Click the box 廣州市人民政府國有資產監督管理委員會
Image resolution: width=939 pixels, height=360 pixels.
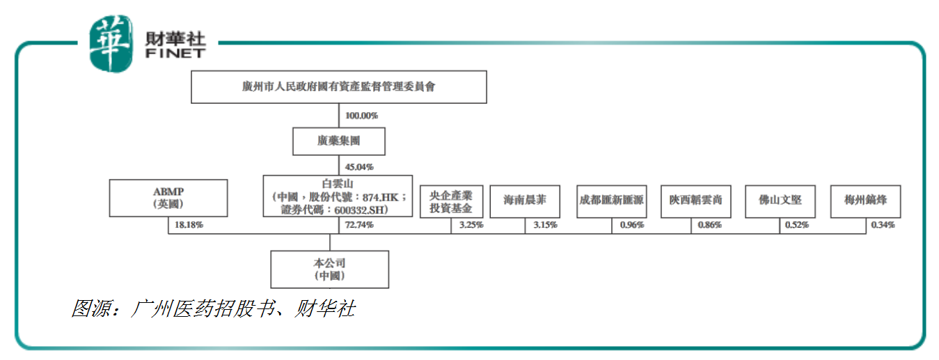click(x=338, y=88)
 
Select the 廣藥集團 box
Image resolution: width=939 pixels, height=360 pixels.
click(x=339, y=141)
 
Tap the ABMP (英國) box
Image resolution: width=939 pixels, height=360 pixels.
click(x=168, y=198)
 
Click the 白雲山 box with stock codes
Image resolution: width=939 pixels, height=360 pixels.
click(x=338, y=196)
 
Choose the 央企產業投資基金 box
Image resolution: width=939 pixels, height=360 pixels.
click(x=450, y=201)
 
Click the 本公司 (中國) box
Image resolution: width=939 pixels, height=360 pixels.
click(x=329, y=269)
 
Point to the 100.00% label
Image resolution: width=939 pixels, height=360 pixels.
click(x=361, y=116)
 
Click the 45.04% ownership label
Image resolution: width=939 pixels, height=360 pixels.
click(x=359, y=167)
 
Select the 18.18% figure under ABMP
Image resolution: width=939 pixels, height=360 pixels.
click(x=189, y=225)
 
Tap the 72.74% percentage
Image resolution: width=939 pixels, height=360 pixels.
click(x=359, y=225)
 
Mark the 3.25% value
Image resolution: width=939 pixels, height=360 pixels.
click(x=471, y=225)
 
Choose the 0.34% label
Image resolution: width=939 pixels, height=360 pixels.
click(x=883, y=225)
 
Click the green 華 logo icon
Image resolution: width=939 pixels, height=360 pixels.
click(x=110, y=43)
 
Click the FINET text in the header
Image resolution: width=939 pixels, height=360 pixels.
click(x=175, y=53)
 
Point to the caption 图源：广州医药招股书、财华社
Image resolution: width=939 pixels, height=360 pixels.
click(x=213, y=308)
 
